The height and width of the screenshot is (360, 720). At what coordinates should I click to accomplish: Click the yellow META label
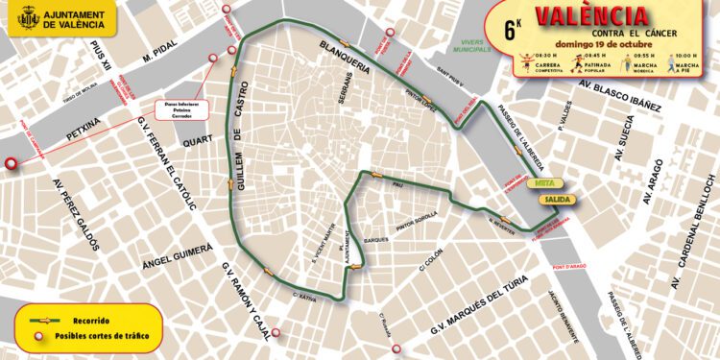pos(542,181)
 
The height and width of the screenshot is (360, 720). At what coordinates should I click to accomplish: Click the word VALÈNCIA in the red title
pos(590,16)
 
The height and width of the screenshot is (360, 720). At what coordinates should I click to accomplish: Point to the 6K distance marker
pos(512,27)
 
